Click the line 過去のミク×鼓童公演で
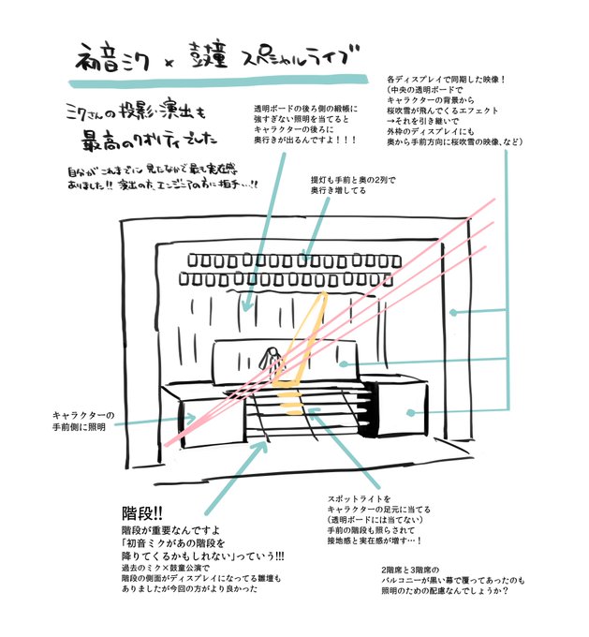point(169,566)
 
